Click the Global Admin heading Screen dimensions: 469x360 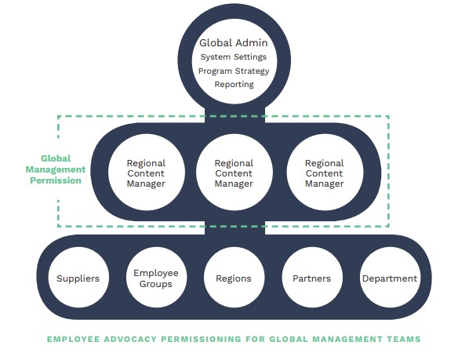click(234, 43)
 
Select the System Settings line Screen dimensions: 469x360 click(234, 56)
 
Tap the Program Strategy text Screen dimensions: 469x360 click(234, 71)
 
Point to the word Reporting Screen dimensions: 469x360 click(234, 85)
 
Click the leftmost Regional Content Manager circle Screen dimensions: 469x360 click(146, 173)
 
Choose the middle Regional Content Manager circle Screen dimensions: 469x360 click(234, 173)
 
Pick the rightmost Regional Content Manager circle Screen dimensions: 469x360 click(325, 173)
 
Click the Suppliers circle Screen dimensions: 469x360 click(78, 277)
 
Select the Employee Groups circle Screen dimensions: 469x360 click(156, 277)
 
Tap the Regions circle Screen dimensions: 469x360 click(234, 277)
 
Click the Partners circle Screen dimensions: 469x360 click(312, 277)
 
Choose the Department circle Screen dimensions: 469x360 click(390, 277)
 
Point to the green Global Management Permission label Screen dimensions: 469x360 click(56, 169)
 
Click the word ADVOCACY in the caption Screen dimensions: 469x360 click(130, 339)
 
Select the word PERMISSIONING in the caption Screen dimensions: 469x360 click(201, 339)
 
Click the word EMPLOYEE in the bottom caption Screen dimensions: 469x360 click(73, 339)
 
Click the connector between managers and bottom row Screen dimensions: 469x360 click(234, 227)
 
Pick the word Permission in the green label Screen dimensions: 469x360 click(56, 180)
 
